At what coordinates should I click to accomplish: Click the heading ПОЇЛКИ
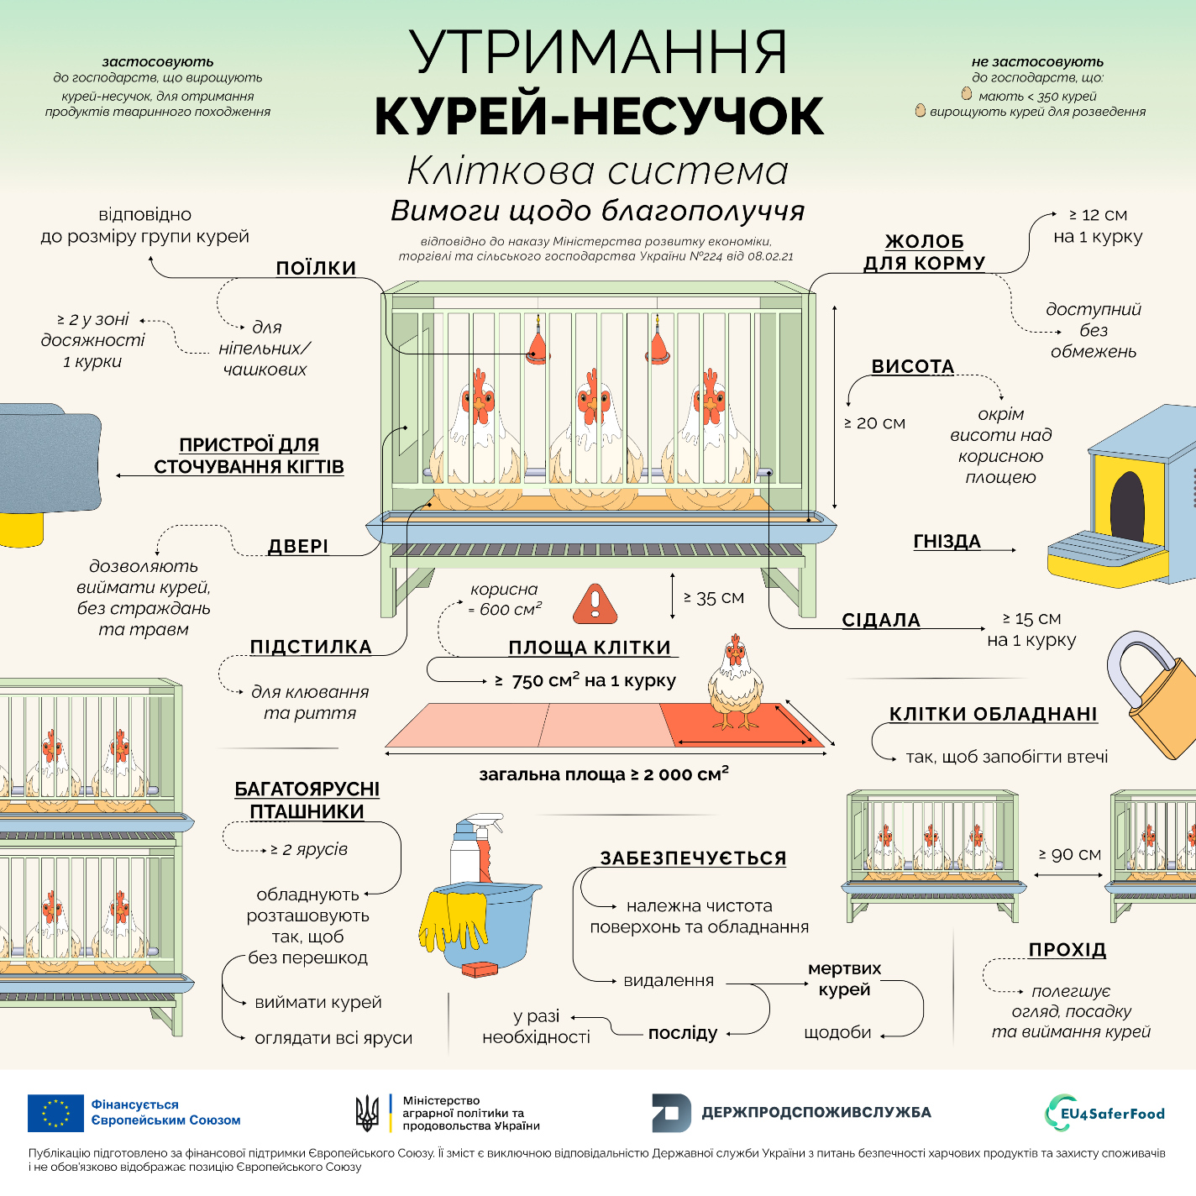[316, 268]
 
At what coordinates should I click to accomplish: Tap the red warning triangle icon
[595, 604]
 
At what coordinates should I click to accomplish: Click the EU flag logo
[55, 1113]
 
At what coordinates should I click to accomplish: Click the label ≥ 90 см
[1069, 854]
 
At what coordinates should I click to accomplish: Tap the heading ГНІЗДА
[947, 542]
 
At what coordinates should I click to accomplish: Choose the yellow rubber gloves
[453, 921]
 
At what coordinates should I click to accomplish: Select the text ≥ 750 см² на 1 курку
[585, 680]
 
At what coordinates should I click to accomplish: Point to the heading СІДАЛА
[881, 620]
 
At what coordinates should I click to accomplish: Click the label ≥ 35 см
[714, 598]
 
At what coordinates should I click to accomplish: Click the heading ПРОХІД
[1067, 950]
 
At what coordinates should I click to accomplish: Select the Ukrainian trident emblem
[367, 1114]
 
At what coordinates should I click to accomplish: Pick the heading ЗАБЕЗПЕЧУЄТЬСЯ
[693, 858]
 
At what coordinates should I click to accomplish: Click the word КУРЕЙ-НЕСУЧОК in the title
[598, 116]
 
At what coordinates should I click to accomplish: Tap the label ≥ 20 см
[874, 423]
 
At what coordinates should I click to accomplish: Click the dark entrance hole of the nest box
[1127, 503]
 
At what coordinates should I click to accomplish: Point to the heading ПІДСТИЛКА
[311, 647]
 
